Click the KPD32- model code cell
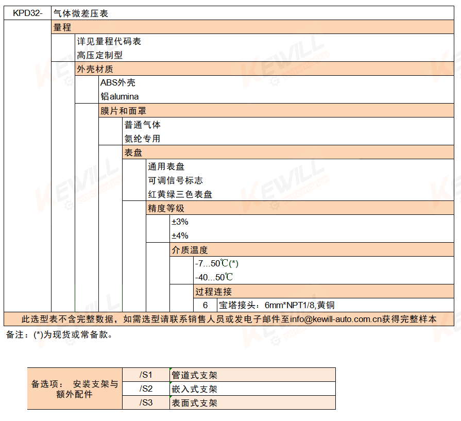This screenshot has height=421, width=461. [x=28, y=13]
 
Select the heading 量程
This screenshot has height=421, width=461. [x=62, y=27]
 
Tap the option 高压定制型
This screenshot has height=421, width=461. [x=99, y=55]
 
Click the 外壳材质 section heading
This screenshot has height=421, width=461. [x=95, y=69]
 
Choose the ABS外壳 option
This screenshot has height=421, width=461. [x=118, y=82]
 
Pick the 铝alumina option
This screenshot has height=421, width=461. [x=119, y=96]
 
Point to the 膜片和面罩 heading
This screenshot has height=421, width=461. [x=123, y=111]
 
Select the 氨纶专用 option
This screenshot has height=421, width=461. [x=142, y=139]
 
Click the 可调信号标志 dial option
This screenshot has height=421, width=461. [x=176, y=180]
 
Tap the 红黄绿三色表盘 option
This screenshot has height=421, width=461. [x=180, y=194]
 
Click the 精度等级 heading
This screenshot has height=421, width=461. [x=166, y=208]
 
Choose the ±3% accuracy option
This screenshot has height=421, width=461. [x=180, y=222]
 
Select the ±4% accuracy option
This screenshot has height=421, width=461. [x=180, y=235]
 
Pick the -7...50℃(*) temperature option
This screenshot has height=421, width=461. [x=217, y=263]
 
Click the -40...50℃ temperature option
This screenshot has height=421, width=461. [x=214, y=277]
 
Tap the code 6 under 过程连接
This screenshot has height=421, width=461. [x=205, y=305]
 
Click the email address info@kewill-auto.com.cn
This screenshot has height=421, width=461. [x=336, y=319]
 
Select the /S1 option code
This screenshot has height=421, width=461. [x=146, y=375]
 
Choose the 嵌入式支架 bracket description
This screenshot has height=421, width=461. [x=194, y=389]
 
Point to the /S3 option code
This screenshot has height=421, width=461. [x=146, y=402]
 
